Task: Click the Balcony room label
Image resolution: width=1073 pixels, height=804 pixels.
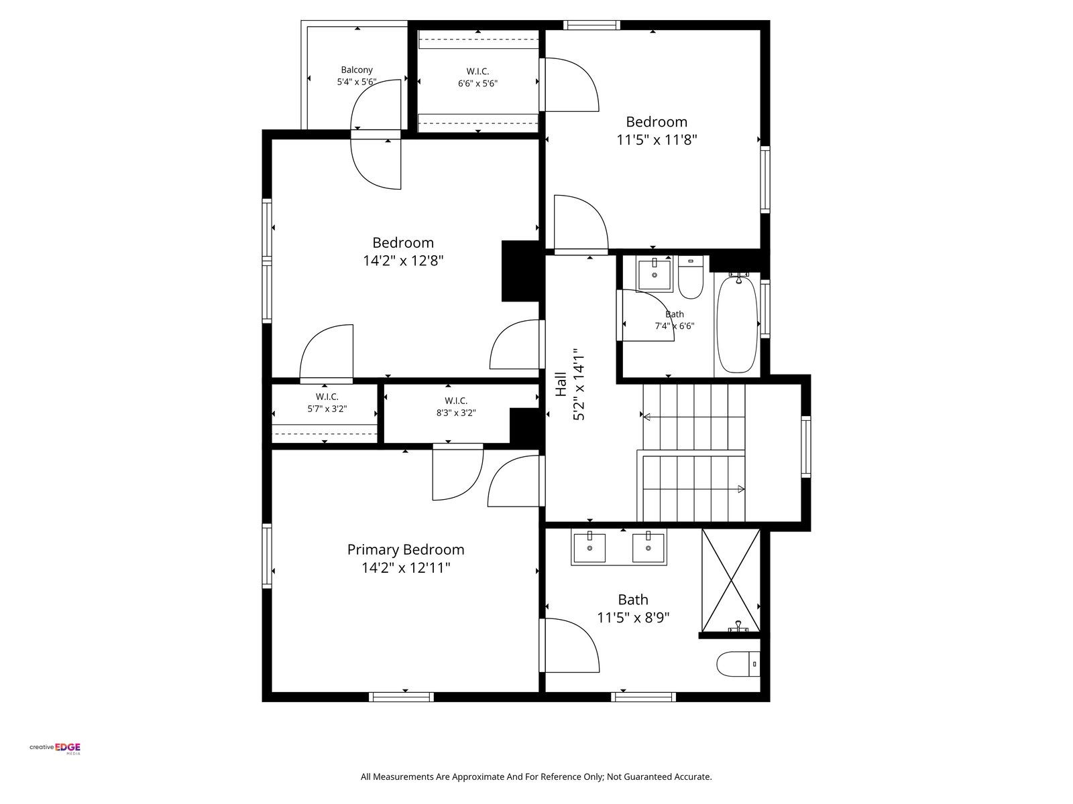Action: [356, 70]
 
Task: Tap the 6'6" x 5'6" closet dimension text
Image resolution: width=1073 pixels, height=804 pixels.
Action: [477, 84]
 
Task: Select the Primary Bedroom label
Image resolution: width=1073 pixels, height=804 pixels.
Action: [406, 549]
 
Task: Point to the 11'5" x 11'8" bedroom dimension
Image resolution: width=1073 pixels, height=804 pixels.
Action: [657, 140]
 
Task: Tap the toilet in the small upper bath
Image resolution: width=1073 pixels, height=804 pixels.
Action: [690, 277]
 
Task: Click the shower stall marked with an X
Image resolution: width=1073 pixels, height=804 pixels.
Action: [731, 580]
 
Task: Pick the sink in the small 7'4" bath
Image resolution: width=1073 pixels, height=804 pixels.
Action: [655, 274]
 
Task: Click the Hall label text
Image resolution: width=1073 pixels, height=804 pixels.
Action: [561, 385]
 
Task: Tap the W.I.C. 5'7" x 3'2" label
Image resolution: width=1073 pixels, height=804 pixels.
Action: [327, 403]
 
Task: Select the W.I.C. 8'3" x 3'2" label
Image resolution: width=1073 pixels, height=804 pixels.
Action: [456, 407]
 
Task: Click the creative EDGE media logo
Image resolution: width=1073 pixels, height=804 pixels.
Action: [55, 748]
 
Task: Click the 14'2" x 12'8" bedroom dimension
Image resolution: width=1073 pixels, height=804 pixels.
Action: [403, 261]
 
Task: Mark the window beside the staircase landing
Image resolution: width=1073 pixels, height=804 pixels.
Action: [805, 447]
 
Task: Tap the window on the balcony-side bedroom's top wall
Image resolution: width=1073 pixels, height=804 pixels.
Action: [591, 25]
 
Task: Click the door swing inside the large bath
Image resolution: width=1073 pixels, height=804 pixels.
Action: [569, 645]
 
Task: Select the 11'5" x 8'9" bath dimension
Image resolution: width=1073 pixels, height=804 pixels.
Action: [633, 618]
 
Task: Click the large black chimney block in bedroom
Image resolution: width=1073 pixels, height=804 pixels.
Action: [520, 271]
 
